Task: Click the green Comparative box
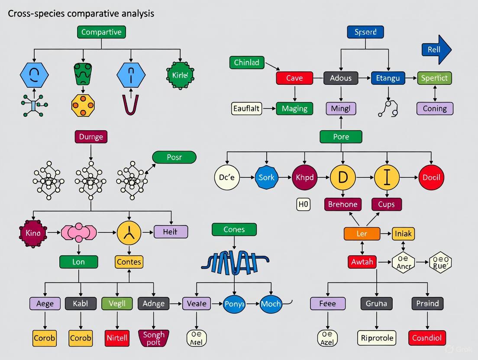point(101,32)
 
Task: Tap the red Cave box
point(294,78)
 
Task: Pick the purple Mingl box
point(341,108)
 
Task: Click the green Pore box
point(341,137)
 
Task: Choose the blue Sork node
point(266,177)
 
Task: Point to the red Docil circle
point(431,177)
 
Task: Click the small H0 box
point(303,204)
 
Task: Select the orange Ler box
point(362,234)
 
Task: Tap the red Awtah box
point(362,262)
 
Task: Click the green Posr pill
point(174,157)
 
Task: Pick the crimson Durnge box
point(91,137)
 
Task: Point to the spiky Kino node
point(32,233)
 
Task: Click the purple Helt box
point(171,232)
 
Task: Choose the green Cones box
point(234,229)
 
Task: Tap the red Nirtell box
point(117,337)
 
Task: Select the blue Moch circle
point(271,304)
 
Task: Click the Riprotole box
point(377,337)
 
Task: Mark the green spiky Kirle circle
point(180,75)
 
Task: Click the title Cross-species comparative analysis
point(81,13)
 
